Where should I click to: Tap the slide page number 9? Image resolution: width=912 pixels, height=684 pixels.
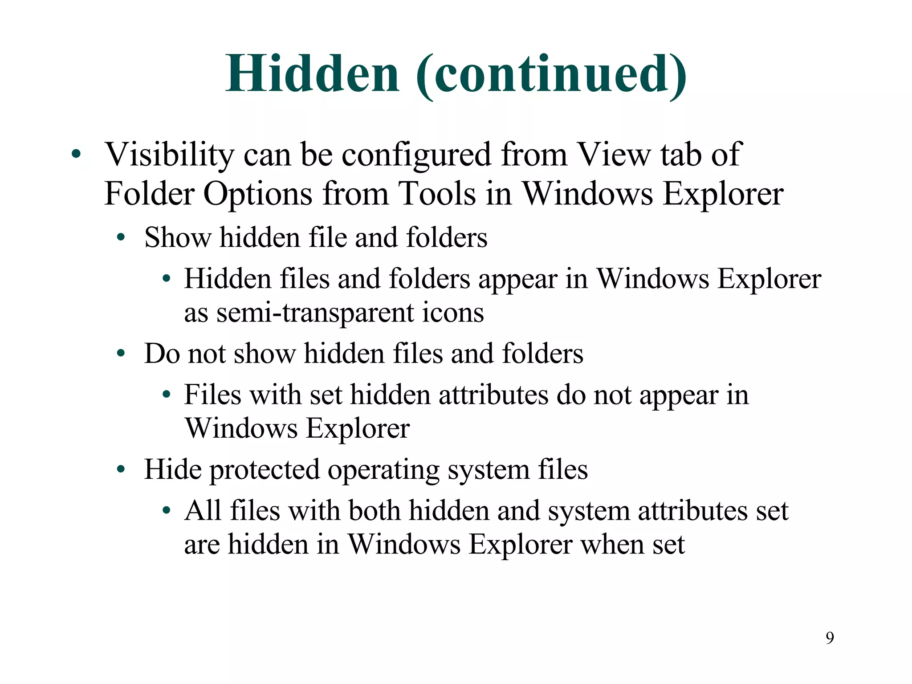830,638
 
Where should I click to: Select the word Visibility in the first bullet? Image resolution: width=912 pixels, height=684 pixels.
169,155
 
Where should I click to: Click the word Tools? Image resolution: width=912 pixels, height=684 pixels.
437,194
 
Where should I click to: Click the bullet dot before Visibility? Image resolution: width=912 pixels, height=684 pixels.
76,154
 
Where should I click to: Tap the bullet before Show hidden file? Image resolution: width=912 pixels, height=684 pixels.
120,237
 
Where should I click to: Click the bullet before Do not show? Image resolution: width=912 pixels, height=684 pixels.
120,354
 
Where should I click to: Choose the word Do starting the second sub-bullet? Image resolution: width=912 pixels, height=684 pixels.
161,354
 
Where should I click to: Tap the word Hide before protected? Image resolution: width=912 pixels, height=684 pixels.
172,469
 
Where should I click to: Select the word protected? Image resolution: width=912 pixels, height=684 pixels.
265,470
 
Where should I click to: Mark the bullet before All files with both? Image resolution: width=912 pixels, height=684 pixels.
166,511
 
